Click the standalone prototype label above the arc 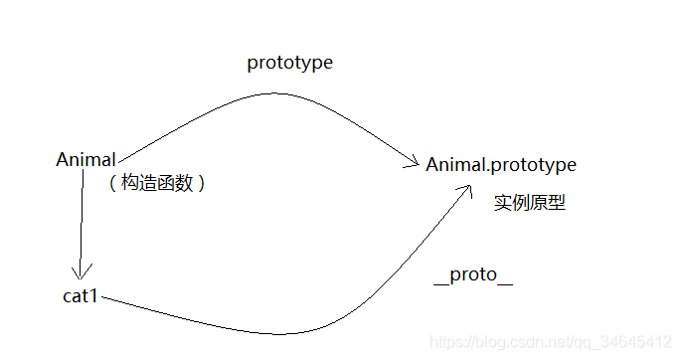click(x=289, y=63)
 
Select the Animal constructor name click(x=86, y=160)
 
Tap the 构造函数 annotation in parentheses click(x=157, y=183)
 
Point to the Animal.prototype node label click(x=501, y=164)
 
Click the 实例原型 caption click(x=530, y=203)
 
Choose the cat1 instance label click(x=80, y=296)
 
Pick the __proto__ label click(x=473, y=275)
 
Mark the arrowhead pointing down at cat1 click(x=81, y=271)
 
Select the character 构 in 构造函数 click(x=129, y=183)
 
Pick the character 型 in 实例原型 click(x=558, y=203)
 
